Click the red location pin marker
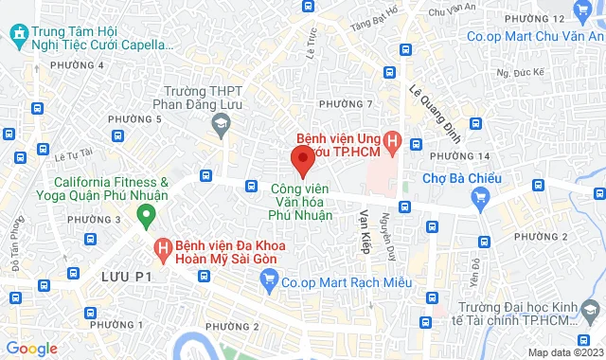[x=302, y=159]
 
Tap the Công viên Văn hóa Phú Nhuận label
[x=301, y=202]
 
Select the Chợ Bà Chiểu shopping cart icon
[x=480, y=197]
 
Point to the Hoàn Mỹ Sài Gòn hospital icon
[x=163, y=249]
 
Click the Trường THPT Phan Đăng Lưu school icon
[x=221, y=122]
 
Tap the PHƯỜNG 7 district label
[x=346, y=103]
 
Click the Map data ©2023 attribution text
[x=564, y=352]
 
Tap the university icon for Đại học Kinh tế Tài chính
[x=592, y=312]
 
